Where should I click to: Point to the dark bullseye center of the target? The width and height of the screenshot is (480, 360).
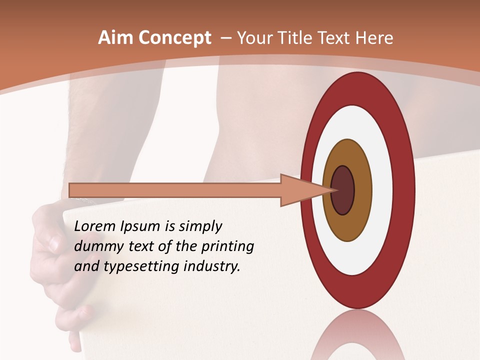[343, 190]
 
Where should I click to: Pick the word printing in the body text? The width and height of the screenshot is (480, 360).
[227, 246]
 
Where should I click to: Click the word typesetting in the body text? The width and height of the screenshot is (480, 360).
[141, 266]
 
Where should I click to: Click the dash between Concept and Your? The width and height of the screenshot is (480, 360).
[225, 38]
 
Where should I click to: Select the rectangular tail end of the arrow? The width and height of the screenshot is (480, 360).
[75, 190]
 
